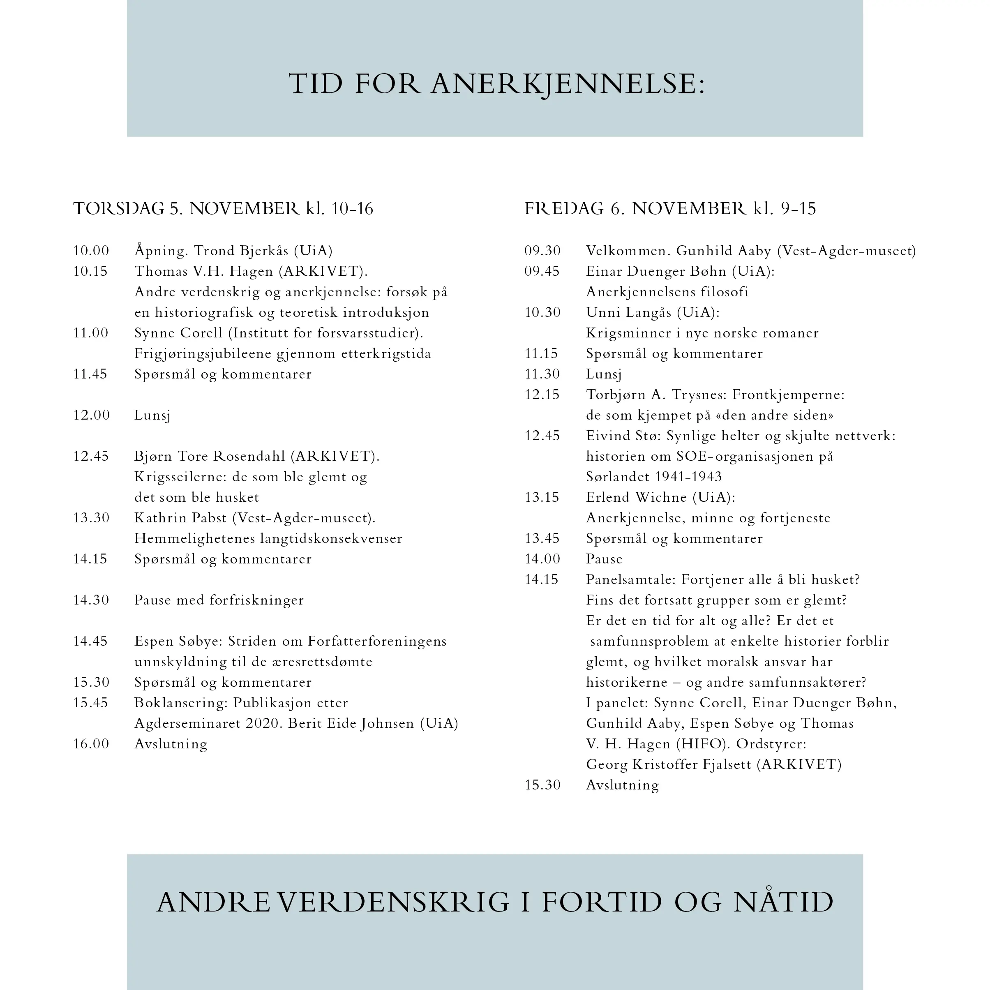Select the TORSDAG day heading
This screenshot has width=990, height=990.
pyautogui.click(x=118, y=208)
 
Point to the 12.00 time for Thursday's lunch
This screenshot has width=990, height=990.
pyautogui.click(x=91, y=415)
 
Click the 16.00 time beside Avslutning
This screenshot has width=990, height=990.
pyautogui.click(x=91, y=744)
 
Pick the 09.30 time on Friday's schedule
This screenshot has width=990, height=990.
pyautogui.click(x=542, y=251)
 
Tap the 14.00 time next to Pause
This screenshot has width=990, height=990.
pyautogui.click(x=542, y=559)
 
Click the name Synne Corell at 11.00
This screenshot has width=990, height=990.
pyautogui.click(x=178, y=333)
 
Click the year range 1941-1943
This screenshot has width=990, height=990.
pyautogui.click(x=688, y=477)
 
